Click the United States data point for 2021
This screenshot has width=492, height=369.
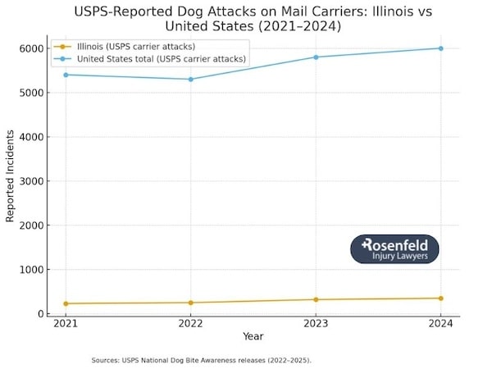point(65,75)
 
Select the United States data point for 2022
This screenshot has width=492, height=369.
point(190,79)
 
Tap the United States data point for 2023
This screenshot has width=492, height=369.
point(316,57)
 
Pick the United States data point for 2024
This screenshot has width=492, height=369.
point(440,48)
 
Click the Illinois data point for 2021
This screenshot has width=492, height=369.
point(65,303)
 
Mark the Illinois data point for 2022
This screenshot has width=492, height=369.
point(190,303)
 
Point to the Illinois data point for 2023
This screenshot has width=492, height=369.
point(316,299)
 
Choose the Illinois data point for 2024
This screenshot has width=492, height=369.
point(440,298)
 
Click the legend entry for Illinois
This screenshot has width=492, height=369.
point(135,46)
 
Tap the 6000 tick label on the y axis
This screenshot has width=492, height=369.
point(31,48)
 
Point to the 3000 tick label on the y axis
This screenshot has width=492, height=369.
point(31,181)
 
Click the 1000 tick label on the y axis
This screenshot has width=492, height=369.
point(31,270)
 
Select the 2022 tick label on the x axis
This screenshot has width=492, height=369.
point(190,324)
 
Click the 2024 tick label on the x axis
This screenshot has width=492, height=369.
point(440,324)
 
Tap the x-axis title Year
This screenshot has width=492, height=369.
point(253,336)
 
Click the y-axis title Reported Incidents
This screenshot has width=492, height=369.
point(11,181)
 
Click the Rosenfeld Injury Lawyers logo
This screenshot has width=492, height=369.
point(394,249)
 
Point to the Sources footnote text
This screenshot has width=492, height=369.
point(201,359)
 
